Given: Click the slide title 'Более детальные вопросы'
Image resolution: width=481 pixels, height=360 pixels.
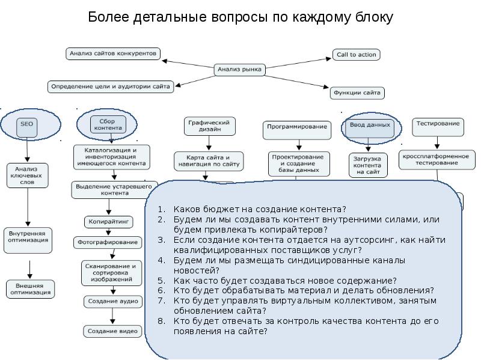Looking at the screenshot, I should click(240, 17).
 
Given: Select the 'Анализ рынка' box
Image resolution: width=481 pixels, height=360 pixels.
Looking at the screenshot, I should click(240, 70).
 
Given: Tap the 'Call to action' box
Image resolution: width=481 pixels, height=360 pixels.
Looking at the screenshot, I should click(357, 55).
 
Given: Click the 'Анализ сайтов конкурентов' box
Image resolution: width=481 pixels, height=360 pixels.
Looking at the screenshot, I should click(113, 53).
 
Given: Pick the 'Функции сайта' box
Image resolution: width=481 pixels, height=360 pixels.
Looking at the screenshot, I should click(357, 93).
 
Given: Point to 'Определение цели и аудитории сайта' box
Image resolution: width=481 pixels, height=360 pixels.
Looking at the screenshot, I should click(111, 87).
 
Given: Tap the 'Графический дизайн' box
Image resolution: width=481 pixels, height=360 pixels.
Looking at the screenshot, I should click(209, 126).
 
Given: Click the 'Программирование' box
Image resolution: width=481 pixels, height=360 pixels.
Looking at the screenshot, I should click(297, 127).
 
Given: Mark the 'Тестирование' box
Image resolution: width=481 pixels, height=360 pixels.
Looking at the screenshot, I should click(438, 124).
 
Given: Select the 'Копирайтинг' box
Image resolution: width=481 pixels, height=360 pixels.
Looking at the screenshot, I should click(108, 222).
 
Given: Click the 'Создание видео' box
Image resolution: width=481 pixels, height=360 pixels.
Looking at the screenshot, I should click(112, 331).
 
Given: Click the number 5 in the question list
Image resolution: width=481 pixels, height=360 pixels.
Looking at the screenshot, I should click(161, 281).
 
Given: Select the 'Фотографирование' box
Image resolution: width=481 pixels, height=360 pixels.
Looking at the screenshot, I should click(108, 243).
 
